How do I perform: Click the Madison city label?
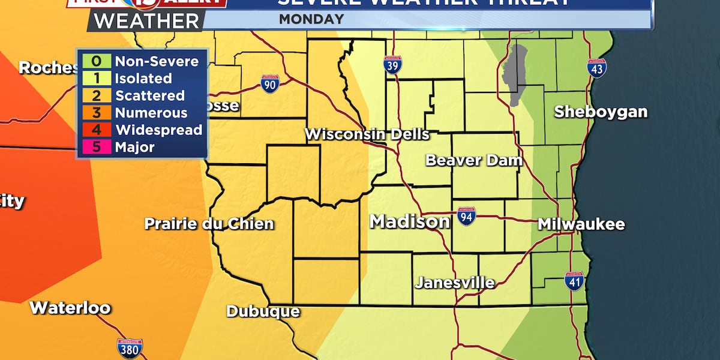410,221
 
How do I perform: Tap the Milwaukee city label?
581,224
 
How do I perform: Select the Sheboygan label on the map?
601,112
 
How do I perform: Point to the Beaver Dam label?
474,160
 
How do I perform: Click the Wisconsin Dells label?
367,134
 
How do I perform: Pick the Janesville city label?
455,282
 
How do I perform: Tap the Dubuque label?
263,311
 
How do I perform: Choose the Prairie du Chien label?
209,224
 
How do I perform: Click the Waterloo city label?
70,308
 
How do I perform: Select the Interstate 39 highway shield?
392,64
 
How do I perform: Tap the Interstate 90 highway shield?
270,83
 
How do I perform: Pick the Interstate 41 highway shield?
574,280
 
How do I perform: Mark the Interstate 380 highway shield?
130,348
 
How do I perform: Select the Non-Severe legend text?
157,61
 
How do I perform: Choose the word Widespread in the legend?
158,130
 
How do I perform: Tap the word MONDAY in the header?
311,19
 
